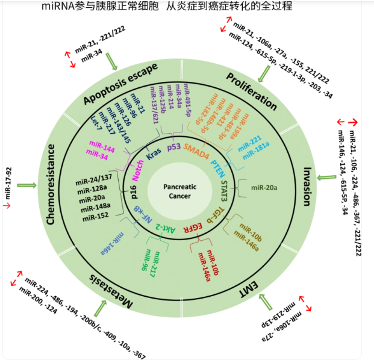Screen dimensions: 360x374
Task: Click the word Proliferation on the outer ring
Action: tap(252, 91)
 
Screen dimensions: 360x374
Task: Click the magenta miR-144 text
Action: tap(101, 147)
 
